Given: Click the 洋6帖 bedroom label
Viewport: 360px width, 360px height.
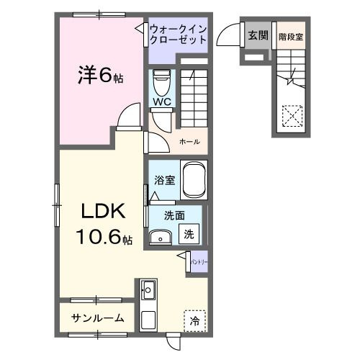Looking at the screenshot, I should point(99,74).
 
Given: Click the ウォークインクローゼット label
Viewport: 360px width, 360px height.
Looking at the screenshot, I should point(179,35).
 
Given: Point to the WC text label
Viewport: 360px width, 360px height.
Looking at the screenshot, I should point(161,102).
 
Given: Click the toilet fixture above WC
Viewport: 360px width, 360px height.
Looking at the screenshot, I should point(161,80).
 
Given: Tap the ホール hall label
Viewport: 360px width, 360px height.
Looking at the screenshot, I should point(189,142).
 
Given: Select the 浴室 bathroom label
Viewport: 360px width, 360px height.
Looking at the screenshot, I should point(164,180).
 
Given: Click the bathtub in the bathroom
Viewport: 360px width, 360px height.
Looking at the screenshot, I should point(194,179).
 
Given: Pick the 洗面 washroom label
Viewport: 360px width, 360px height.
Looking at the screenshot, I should point(174,215).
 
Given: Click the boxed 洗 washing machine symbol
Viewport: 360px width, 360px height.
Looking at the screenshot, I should point(189,233).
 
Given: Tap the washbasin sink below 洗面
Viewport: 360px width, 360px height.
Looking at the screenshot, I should point(161,236).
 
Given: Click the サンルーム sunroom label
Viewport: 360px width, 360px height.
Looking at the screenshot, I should point(97,318).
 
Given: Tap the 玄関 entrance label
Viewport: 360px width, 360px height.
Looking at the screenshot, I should point(256,35).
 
